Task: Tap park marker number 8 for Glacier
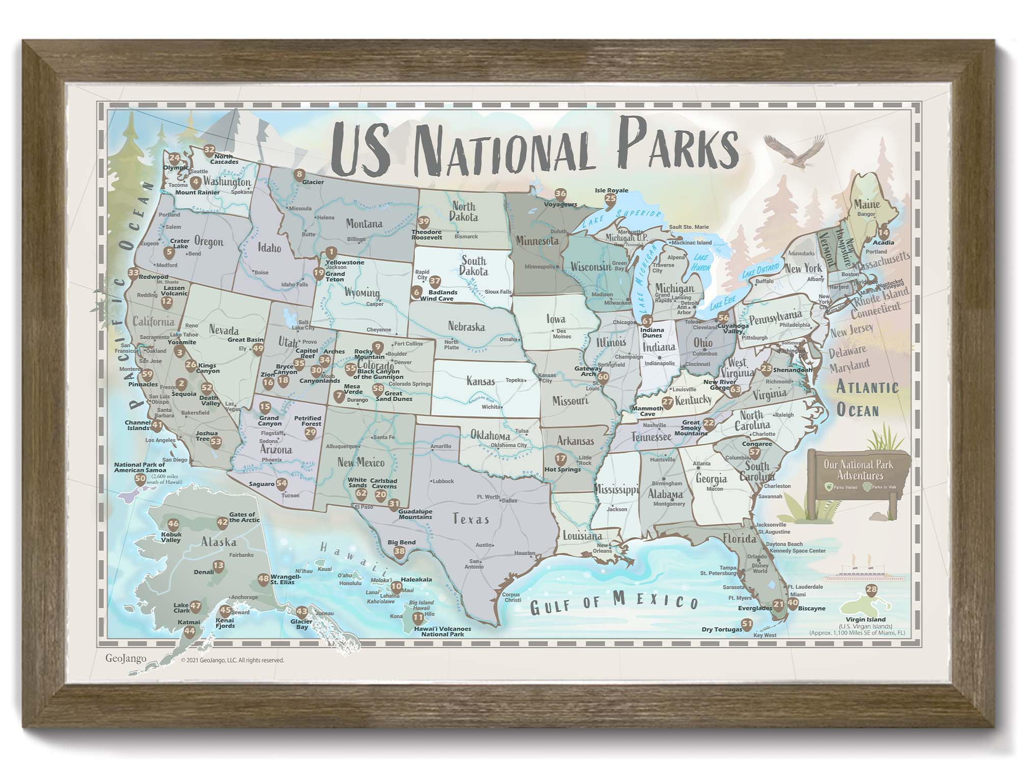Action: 299,175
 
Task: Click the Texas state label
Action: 471,519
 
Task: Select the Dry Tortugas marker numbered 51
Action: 747,624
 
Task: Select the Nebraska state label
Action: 466,326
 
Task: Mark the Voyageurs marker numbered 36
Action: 560,194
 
